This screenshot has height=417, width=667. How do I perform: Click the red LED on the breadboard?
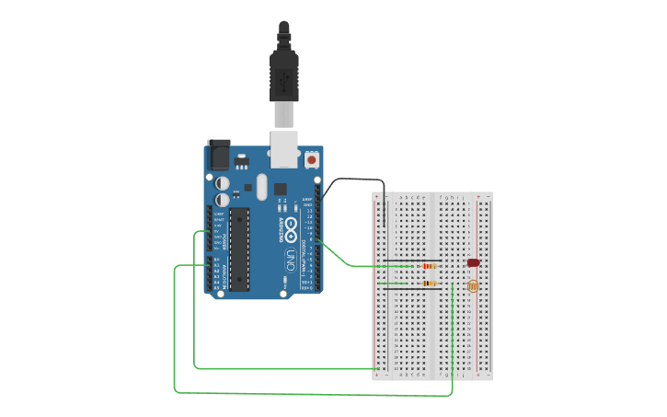point(473,262)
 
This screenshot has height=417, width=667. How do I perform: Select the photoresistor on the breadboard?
point(473,285)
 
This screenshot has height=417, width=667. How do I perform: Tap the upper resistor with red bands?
point(428,266)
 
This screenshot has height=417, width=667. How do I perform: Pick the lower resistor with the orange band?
point(429,284)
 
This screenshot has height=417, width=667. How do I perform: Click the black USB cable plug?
point(284,74)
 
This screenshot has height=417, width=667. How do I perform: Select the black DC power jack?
point(219,154)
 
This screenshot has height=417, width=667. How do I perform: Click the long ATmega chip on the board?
point(239,249)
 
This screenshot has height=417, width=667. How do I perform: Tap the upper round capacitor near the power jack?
point(223,183)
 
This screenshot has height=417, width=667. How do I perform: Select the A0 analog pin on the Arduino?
point(218,261)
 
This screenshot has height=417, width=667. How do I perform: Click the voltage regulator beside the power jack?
point(242,161)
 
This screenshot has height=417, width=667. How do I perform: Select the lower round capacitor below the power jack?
point(223,199)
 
